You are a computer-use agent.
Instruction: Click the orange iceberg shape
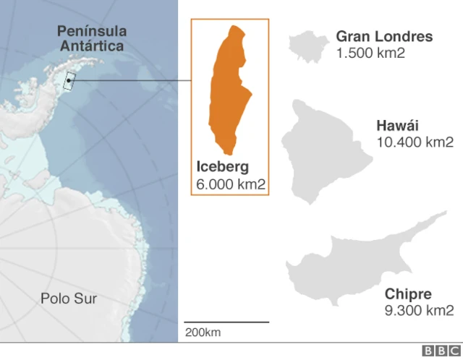click(x=229, y=90)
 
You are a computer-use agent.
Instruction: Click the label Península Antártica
click(x=91, y=38)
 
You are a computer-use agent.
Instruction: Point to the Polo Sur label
click(x=69, y=298)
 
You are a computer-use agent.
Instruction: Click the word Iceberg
click(x=223, y=167)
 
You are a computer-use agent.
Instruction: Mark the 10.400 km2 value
click(x=415, y=142)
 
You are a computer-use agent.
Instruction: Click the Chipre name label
click(x=409, y=294)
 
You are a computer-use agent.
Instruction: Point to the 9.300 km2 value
click(x=420, y=310)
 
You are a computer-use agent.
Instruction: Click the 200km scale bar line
click(x=226, y=322)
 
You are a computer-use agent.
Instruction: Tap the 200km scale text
click(x=203, y=332)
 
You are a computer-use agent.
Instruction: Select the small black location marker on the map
click(x=69, y=81)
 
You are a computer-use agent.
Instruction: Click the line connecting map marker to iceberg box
click(x=130, y=81)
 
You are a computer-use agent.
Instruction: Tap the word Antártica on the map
click(x=91, y=46)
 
